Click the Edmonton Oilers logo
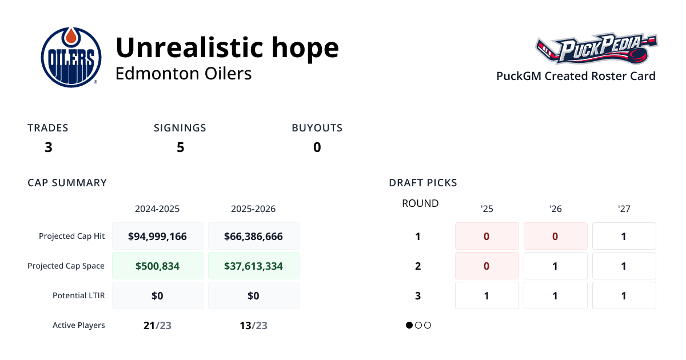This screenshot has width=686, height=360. pyautogui.click(x=71, y=57)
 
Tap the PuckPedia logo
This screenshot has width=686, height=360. pyautogui.click(x=597, y=50)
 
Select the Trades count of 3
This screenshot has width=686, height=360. pyautogui.click(x=49, y=147)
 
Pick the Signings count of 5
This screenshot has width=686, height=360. pyautogui.click(x=180, y=147)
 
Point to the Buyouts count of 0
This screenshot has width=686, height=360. pyautogui.click(x=317, y=147)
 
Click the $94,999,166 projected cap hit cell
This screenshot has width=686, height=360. pyautogui.click(x=158, y=236)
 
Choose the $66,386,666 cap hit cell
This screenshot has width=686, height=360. pyautogui.click(x=253, y=236)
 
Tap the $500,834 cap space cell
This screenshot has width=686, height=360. pyautogui.click(x=158, y=266)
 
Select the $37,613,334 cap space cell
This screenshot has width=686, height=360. pyautogui.click(x=253, y=266)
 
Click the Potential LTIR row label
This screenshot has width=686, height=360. pyautogui.click(x=78, y=295)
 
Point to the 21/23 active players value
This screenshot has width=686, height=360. pyautogui.click(x=157, y=326)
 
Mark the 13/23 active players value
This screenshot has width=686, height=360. pyautogui.click(x=253, y=326)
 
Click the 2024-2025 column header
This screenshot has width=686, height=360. pyautogui.click(x=157, y=209)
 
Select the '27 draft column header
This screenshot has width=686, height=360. pyautogui.click(x=624, y=209)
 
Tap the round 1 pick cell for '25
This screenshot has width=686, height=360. pyautogui.click(x=486, y=236)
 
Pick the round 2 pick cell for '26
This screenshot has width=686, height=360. pyautogui.click(x=555, y=266)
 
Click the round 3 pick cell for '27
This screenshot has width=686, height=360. pyautogui.click(x=624, y=295)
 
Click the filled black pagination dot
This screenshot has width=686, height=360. pyautogui.click(x=409, y=325)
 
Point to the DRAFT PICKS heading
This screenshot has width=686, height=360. pyautogui.click(x=423, y=183)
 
